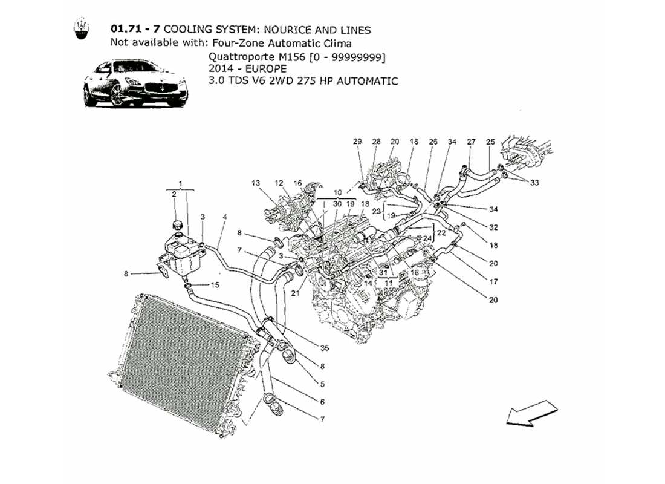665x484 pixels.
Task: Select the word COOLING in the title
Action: (x=186, y=30)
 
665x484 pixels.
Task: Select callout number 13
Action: (x=255, y=183)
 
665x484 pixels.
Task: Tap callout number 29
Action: (x=357, y=142)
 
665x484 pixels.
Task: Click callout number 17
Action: (x=493, y=281)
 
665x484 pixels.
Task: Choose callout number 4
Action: (x=224, y=217)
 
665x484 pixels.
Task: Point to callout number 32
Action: (x=494, y=228)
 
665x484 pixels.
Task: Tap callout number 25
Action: (x=491, y=142)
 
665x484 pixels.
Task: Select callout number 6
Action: (x=322, y=402)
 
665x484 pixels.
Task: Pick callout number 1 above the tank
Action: (x=180, y=182)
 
